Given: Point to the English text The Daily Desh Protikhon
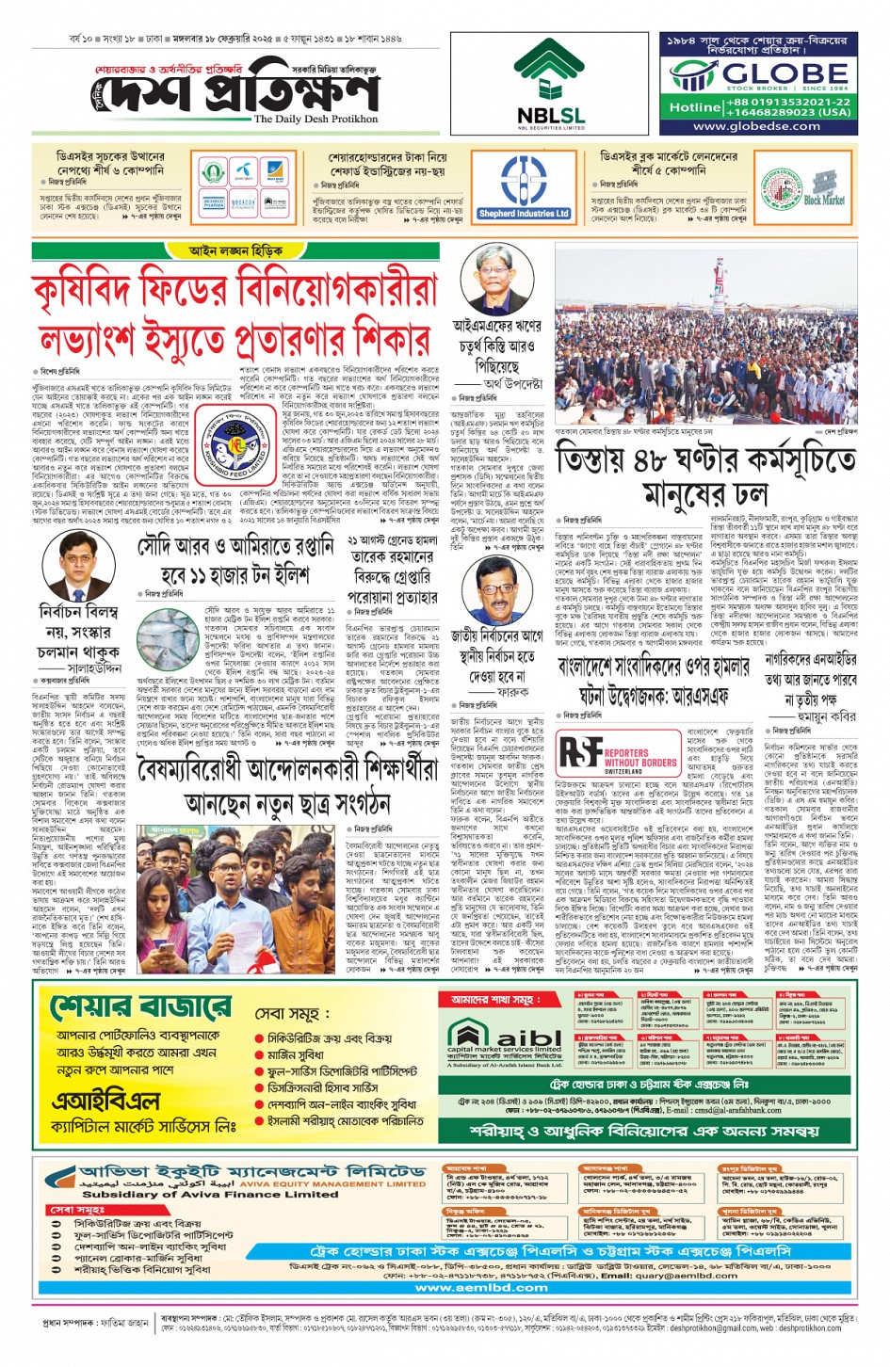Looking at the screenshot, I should coord(316,120).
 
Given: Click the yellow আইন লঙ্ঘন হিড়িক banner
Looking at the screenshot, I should coord(235,251).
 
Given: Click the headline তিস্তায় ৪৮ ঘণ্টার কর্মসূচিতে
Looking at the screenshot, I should coord(706,460).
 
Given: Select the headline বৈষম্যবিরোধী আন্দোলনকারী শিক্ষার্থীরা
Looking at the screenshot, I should coord(288,770).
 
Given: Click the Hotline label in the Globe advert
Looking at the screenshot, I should coord(694,107).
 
